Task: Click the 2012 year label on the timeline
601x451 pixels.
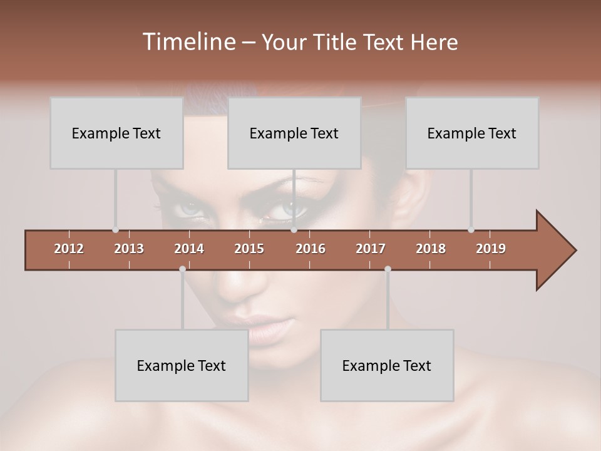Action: pyautogui.click(x=69, y=249)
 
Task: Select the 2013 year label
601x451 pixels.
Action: pyautogui.click(x=129, y=249)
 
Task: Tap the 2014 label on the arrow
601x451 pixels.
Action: pyautogui.click(x=189, y=249)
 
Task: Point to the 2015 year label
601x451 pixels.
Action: pyautogui.click(x=249, y=249)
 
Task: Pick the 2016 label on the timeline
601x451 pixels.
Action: pyautogui.click(x=311, y=249)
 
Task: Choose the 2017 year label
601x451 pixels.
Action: pyautogui.click(x=371, y=249)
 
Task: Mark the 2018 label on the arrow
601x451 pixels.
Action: pyautogui.click(x=431, y=249)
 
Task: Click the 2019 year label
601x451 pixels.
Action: pyautogui.click(x=491, y=249)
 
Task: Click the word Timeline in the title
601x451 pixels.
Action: pyautogui.click(x=188, y=42)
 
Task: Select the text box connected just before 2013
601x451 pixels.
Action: pyautogui.click(x=116, y=133)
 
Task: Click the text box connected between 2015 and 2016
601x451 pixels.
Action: pyautogui.click(x=294, y=133)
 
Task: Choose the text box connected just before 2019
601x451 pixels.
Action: pyautogui.click(x=472, y=133)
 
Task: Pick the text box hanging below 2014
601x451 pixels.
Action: pyautogui.click(x=182, y=365)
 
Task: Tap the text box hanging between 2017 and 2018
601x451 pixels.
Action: pyautogui.click(x=387, y=365)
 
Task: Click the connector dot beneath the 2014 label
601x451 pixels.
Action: pyautogui.click(x=182, y=269)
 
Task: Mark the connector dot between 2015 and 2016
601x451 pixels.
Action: pyautogui.click(x=294, y=230)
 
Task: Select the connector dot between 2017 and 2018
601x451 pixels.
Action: pyautogui.click(x=388, y=269)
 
